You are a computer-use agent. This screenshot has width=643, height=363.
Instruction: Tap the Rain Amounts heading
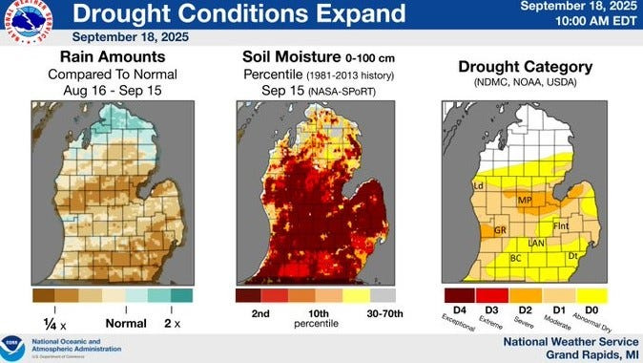click(114, 58)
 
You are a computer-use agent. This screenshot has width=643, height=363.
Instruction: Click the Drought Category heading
click(525, 67)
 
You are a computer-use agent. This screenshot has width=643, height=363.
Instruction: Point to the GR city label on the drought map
click(499, 231)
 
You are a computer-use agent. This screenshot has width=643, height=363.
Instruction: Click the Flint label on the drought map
click(561, 226)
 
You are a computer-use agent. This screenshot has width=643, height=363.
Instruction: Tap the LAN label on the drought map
click(536, 244)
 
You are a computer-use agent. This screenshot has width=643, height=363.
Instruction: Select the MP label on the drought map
click(524, 201)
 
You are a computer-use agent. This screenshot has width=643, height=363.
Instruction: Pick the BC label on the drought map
click(516, 258)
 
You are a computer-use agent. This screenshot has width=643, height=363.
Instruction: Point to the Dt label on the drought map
click(573, 256)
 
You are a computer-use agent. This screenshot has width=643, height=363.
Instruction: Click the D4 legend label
click(458, 310)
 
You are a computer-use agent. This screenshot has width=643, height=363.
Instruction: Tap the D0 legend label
click(591, 310)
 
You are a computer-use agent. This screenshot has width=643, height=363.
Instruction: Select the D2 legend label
click(525, 310)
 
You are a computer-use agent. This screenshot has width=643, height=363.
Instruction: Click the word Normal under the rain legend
click(125, 323)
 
